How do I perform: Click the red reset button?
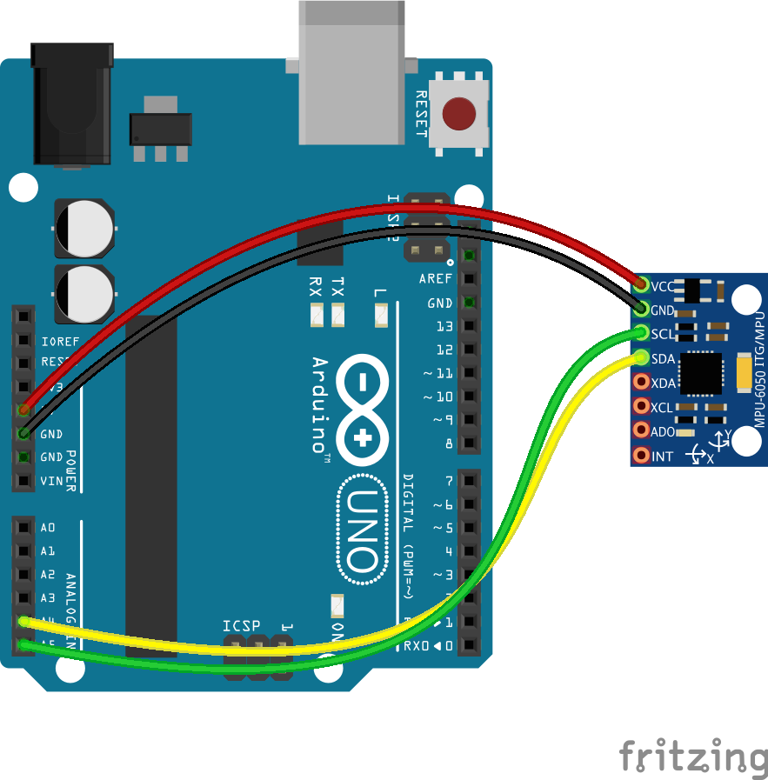pyautogui.click(x=458, y=114)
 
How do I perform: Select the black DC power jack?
pyautogui.click(x=72, y=104)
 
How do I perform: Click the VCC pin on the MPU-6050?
pyautogui.click(x=642, y=284)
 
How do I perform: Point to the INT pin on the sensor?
pyautogui.click(x=642, y=455)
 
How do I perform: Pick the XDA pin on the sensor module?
pyautogui.click(x=642, y=382)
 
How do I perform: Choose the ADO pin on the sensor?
pyautogui.click(x=642, y=430)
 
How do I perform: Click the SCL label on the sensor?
pyautogui.click(x=662, y=334)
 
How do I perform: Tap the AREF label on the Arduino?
pyautogui.click(x=436, y=279)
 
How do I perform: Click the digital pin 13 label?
pyautogui.click(x=444, y=327)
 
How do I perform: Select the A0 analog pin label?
pyautogui.click(x=48, y=527)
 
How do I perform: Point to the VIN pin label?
pyautogui.click(x=51, y=480)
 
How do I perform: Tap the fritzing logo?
pyautogui.click(x=693, y=755)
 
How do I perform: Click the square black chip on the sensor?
pyautogui.click(x=704, y=373)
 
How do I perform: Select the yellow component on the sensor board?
pyautogui.click(x=745, y=373)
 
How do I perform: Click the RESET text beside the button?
pyautogui.click(x=421, y=114)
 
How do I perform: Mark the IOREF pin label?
pyautogui.click(x=59, y=341)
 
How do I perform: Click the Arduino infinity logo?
pyautogui.click(x=366, y=411)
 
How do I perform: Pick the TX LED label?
pyautogui.click(x=338, y=285)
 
